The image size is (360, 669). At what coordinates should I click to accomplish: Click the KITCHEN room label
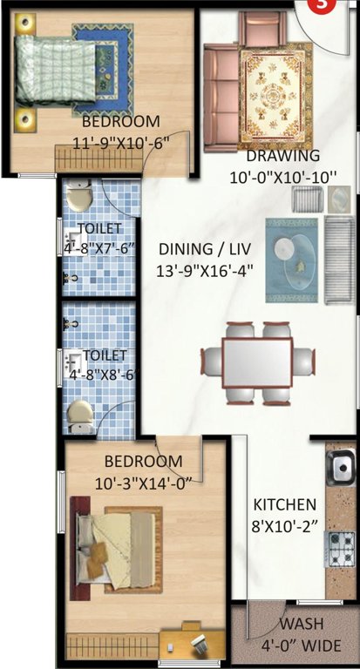click(x=284, y=504)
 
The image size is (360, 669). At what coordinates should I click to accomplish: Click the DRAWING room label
click(x=282, y=156)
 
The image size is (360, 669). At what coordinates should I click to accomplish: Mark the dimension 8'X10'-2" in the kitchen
click(x=284, y=525)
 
